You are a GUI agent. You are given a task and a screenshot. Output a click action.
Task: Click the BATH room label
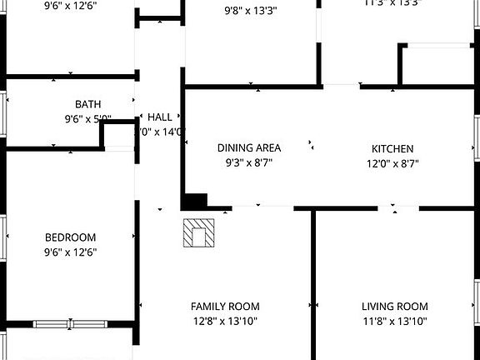(x=88, y=104)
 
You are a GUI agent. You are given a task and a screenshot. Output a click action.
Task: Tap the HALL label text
(x=160, y=117)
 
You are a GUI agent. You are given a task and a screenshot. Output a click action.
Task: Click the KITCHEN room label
(x=392, y=148)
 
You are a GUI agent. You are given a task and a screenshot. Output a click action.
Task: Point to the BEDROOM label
(x=70, y=237)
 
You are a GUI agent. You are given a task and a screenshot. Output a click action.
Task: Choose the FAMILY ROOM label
(x=225, y=306)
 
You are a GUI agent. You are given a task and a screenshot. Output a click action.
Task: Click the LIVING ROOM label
(x=394, y=306)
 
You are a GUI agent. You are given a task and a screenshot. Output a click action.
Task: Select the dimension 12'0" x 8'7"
(x=392, y=163)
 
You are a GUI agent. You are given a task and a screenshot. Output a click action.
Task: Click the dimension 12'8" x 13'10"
(x=225, y=321)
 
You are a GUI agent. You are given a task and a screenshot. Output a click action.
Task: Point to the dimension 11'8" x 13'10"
(x=394, y=321)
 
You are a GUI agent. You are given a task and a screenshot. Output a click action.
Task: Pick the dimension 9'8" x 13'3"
(x=251, y=12)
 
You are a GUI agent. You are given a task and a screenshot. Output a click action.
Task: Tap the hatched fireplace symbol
(x=199, y=232)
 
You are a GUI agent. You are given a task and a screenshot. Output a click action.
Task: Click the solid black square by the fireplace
(x=195, y=201)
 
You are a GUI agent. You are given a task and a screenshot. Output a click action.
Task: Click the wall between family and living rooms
(x=313, y=283)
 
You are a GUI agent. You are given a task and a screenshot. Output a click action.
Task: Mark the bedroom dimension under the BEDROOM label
(x=70, y=252)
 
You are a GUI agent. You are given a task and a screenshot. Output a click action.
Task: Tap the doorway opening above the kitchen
(x=341, y=85)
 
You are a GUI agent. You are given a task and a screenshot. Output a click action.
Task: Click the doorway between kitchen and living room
(x=394, y=207)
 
